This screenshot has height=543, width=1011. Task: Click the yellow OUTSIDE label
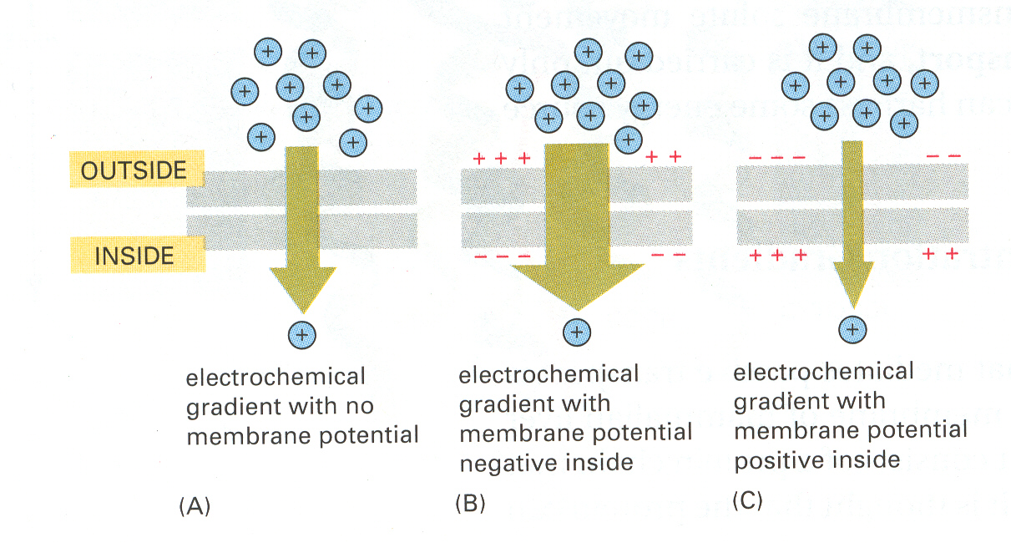point(137,169)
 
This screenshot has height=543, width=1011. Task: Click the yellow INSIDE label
point(138,255)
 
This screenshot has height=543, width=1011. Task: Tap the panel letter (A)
point(195,506)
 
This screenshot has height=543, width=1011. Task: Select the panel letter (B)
point(470,503)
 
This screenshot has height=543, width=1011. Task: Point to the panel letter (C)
point(747,500)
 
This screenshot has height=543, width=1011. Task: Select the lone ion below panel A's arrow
point(302,335)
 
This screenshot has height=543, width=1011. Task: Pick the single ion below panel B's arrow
point(577,332)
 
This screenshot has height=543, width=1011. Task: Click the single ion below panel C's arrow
point(852,329)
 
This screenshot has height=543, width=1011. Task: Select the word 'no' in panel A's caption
point(360,406)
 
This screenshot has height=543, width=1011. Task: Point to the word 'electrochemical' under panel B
point(548,374)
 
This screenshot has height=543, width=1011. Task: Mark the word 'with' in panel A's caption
point(312,405)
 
